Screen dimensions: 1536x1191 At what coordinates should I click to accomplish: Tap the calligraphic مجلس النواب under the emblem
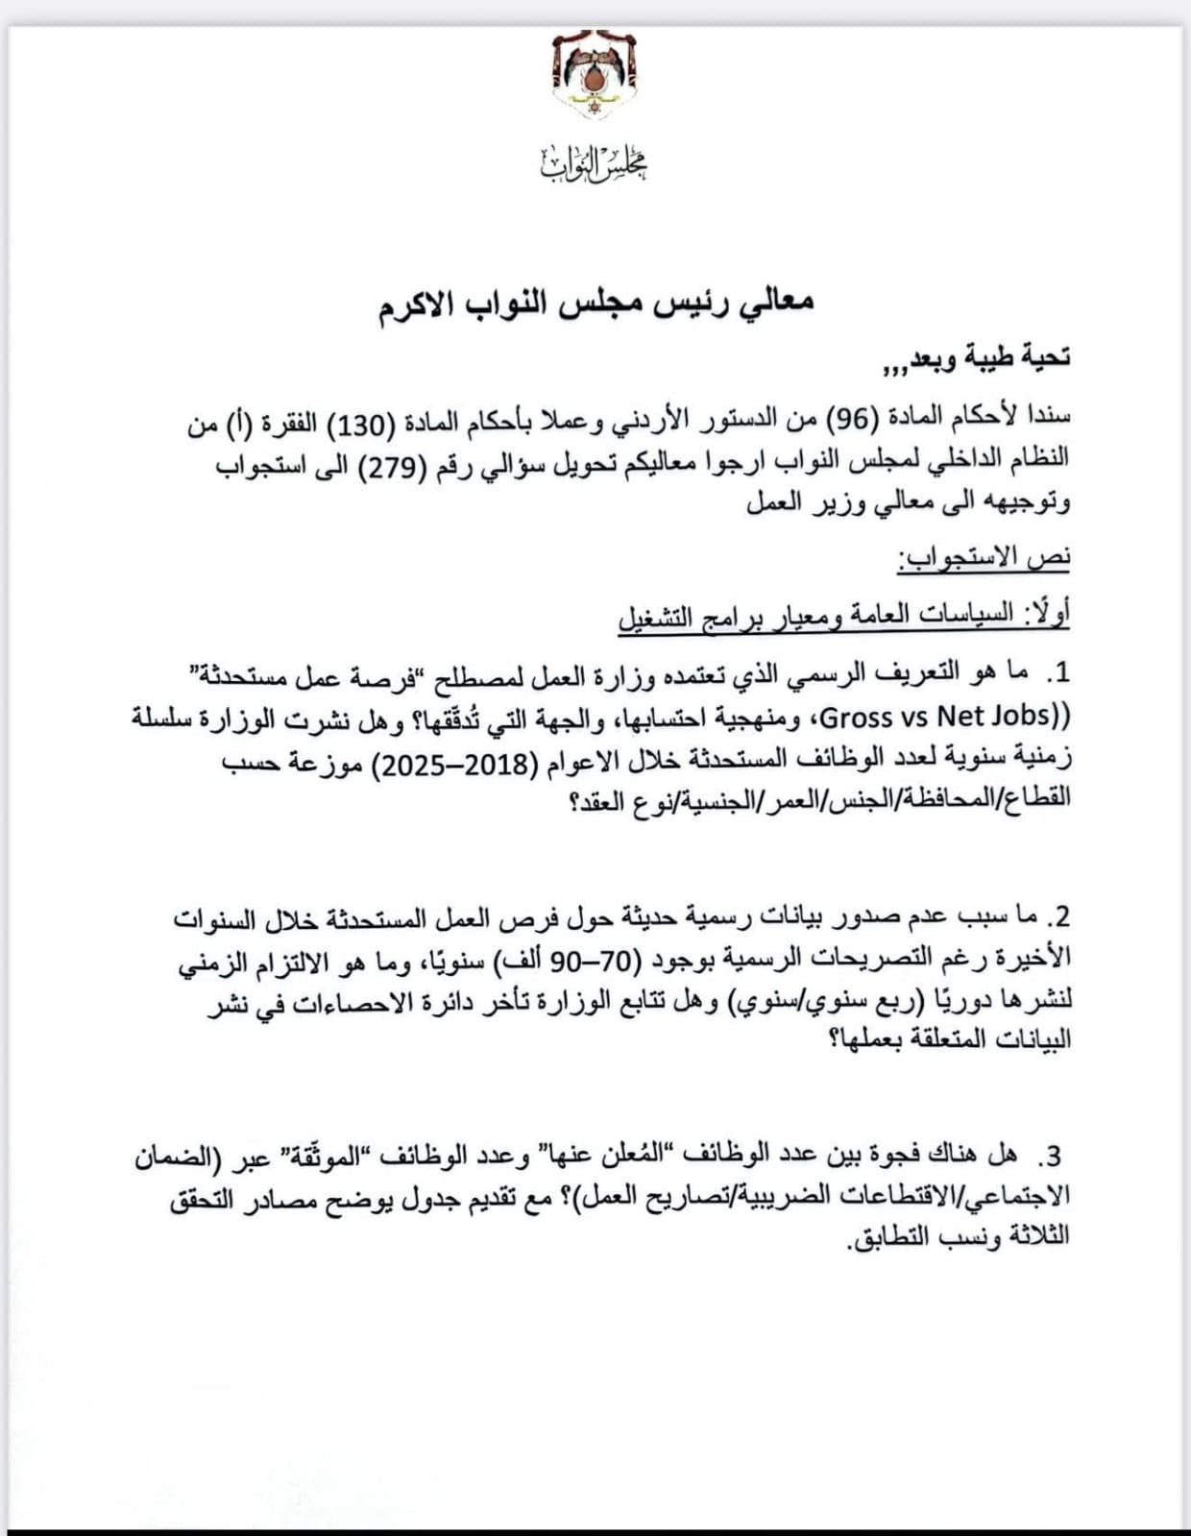point(595,164)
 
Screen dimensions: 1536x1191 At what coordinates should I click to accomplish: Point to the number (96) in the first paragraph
point(847,419)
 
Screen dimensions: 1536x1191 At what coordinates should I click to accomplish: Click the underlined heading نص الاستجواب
point(984,558)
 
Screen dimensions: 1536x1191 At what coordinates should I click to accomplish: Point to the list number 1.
point(1058,674)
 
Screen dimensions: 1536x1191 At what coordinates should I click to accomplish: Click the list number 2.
point(1058,915)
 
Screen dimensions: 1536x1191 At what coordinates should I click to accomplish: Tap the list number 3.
point(1052,1156)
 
